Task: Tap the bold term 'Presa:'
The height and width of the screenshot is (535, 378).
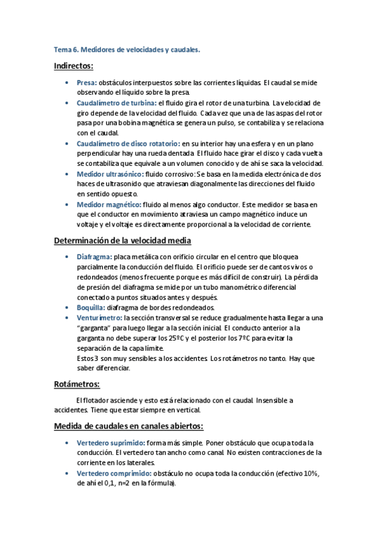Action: click(x=86, y=83)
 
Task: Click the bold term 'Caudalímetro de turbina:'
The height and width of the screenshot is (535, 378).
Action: click(x=116, y=102)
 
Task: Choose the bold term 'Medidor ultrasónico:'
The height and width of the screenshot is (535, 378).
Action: click(x=110, y=173)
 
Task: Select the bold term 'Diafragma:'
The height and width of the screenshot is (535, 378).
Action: click(x=95, y=257)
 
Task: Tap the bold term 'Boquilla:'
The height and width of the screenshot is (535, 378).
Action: click(x=91, y=308)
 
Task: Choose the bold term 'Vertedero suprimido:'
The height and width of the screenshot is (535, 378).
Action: click(x=110, y=442)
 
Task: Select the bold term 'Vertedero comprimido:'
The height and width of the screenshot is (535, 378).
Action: click(x=114, y=473)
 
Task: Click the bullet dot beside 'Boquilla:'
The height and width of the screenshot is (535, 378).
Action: click(x=68, y=308)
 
